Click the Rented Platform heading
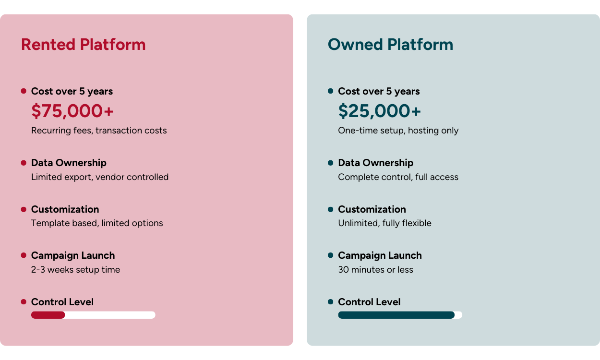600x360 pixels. [83, 45]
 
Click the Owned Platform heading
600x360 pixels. [390, 45]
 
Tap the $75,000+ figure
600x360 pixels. [72, 111]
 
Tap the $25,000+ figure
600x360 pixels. [379, 111]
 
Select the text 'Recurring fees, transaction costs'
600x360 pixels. [99, 131]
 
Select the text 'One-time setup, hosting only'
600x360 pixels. [398, 131]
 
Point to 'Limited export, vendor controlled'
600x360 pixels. [100, 177]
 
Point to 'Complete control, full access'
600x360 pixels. [398, 177]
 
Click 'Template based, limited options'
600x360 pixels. [97, 223]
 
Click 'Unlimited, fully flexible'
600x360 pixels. [384, 223]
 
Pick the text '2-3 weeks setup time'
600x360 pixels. [75, 270]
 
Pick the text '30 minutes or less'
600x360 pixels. [375, 270]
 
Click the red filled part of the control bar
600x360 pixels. [48, 315]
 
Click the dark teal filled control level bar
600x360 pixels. [396, 315]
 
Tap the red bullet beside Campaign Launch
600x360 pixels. [24, 255]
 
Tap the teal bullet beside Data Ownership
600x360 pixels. [330, 163]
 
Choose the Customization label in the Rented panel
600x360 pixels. [65, 209]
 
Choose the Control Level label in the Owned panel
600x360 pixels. [369, 302]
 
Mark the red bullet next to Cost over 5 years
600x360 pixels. [24, 91]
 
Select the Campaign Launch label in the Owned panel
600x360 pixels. [380, 255]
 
